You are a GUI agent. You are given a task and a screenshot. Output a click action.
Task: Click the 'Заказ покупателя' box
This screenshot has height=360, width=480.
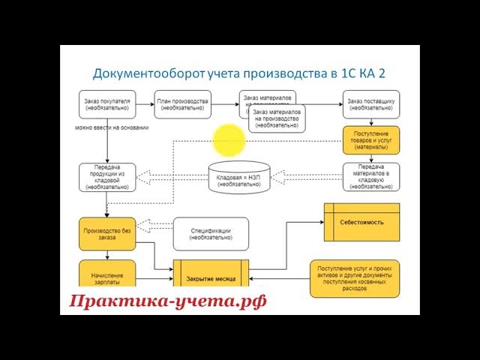107,104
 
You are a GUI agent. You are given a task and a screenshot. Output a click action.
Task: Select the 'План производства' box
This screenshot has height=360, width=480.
183,104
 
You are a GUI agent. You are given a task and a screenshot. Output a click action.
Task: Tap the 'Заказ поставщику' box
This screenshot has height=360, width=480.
371,104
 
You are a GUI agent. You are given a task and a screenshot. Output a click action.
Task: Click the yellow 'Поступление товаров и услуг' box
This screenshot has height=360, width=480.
371,140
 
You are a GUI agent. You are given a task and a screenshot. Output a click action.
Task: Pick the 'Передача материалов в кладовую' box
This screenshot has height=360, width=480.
371,177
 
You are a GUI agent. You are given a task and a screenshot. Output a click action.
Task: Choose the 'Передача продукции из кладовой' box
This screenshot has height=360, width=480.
107,177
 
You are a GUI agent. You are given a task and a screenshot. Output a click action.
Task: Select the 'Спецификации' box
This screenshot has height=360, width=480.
211,233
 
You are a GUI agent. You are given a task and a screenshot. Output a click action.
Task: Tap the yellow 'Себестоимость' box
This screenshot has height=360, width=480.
361,223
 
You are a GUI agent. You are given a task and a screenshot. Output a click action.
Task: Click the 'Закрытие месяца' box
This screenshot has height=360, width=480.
211,278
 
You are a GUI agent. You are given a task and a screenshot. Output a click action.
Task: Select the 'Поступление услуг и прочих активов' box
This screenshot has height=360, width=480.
355,277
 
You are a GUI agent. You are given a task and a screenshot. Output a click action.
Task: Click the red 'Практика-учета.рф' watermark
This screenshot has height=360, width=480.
168,301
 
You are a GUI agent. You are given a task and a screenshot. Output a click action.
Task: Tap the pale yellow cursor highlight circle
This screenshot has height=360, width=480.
229,139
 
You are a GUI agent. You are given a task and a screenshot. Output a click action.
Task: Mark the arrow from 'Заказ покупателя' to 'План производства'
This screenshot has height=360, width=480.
145,104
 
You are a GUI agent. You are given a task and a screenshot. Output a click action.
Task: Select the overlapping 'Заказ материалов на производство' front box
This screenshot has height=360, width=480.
277,118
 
